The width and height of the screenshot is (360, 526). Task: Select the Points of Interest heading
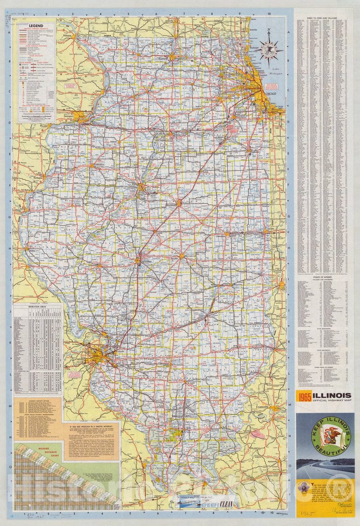(325, 278)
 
